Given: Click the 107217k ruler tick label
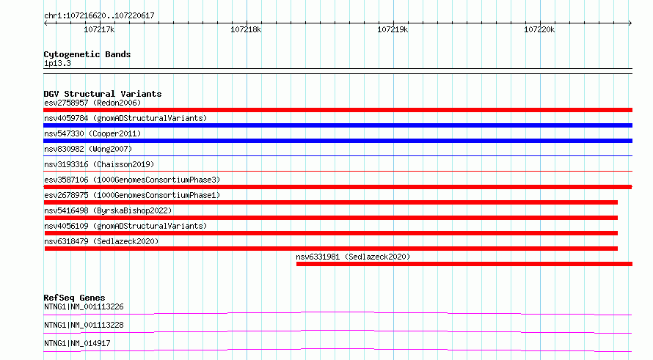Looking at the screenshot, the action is pyautogui.click(x=99, y=29).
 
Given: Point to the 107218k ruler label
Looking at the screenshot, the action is pyautogui.click(x=246, y=29).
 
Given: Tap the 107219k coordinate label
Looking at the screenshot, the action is pyautogui.click(x=393, y=29).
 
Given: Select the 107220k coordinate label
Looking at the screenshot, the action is pyautogui.click(x=539, y=29).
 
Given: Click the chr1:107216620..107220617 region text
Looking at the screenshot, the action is pyautogui.click(x=99, y=16).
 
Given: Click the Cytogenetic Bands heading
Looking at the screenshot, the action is pyautogui.click(x=87, y=54).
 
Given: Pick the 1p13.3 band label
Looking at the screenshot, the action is pyautogui.click(x=57, y=64).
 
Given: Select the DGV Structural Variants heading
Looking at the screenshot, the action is pyautogui.click(x=103, y=94).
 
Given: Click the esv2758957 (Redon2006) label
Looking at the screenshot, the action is pyautogui.click(x=92, y=103).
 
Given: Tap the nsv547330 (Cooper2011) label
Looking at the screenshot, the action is pyautogui.click(x=92, y=133).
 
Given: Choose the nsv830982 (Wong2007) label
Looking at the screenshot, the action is pyautogui.click(x=88, y=149).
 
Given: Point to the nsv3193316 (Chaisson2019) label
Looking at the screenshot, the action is pyautogui.click(x=99, y=164).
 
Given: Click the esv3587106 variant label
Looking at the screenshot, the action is pyautogui.click(x=132, y=180).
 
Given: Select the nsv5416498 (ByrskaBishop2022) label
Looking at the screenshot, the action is pyautogui.click(x=108, y=210).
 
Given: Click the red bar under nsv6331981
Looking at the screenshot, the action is pyautogui.click(x=464, y=264).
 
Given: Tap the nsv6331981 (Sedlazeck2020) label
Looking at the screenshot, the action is pyautogui.click(x=353, y=257).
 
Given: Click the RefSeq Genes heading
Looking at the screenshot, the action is pyautogui.click(x=74, y=298).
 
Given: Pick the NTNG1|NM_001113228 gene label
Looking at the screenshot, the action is pyautogui.click(x=84, y=325).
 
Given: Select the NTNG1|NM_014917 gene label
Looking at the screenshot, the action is pyautogui.click(x=77, y=343).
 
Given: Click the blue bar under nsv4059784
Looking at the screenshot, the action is pyautogui.click(x=338, y=125).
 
